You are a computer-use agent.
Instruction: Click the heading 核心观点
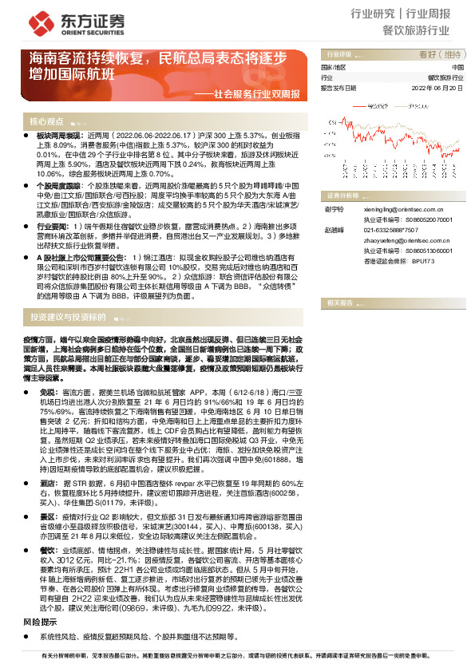(x=46, y=121)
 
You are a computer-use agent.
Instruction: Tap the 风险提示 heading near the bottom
(x=39, y=621)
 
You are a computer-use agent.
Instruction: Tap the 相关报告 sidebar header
(x=338, y=303)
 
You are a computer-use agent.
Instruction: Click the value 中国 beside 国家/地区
(x=457, y=68)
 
